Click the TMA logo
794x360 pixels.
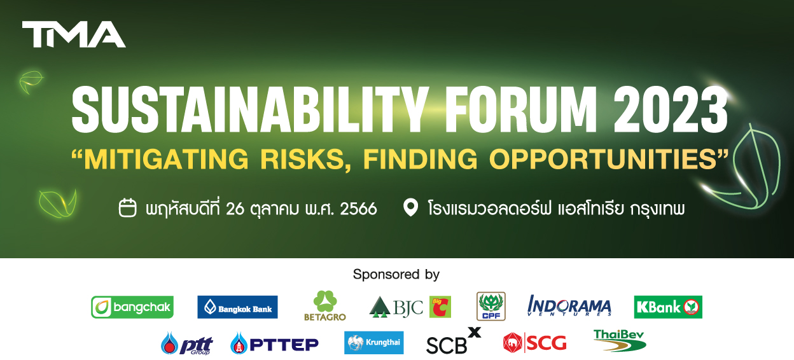point(74,34)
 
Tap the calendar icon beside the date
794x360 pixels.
point(128,207)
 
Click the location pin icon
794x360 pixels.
point(410,207)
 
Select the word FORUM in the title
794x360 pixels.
point(520,110)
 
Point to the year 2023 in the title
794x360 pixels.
point(671,110)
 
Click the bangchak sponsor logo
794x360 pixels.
point(132,307)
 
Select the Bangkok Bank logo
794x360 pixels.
point(237,307)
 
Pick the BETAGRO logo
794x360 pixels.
point(325,306)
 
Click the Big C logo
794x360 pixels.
point(440,307)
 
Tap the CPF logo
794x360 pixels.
point(491,307)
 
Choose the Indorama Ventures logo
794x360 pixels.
point(569,305)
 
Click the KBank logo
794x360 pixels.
point(668,307)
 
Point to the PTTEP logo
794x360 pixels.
point(275,343)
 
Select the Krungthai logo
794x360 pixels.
point(374,343)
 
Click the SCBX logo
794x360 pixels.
point(454,341)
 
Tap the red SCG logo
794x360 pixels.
point(535,343)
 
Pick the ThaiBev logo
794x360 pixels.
point(620,340)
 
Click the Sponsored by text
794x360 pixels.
point(396,275)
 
